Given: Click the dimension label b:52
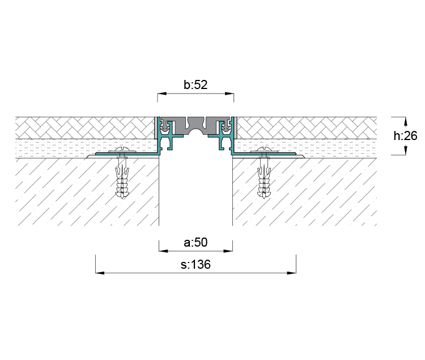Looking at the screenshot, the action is pyautogui.click(x=195, y=84).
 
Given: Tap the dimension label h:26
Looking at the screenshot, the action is pyautogui.click(x=405, y=135).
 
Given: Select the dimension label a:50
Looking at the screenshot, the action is pyautogui.click(x=195, y=242).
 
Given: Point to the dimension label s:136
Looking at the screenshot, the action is pyautogui.click(x=195, y=264).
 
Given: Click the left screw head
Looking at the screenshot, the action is pyautogui.click(x=122, y=150).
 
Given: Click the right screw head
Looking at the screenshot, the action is pyautogui.click(x=264, y=150).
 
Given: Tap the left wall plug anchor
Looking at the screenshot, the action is pyautogui.click(x=122, y=177).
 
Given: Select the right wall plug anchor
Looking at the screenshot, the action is pyautogui.click(x=264, y=177).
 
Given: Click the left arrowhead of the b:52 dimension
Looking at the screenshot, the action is pyautogui.click(x=162, y=94).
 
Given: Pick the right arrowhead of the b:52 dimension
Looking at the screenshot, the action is pyautogui.click(x=229, y=94).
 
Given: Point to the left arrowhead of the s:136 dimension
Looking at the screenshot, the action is pyautogui.click(x=100, y=273).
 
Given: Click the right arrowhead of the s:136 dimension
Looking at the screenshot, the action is pyautogui.click(x=292, y=273).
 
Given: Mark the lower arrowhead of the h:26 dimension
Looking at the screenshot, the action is pyautogui.click(x=406, y=150).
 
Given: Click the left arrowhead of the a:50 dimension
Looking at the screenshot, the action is pyautogui.click(x=163, y=251).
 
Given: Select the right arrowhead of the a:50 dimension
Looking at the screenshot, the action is pyautogui.click(x=228, y=251).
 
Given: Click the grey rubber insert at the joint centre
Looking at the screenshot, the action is pyautogui.click(x=195, y=124).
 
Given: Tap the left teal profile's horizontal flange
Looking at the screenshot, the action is pyautogui.click(x=127, y=154).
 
